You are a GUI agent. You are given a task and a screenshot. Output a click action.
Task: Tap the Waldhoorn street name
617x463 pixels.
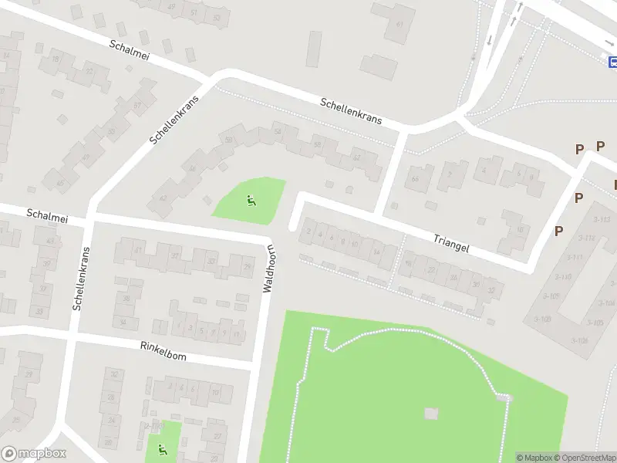(x=270, y=269)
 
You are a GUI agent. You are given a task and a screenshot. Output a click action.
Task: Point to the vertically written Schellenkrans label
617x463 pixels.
(x=81, y=278)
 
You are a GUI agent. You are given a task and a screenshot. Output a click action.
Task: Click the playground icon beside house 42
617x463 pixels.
(x=251, y=201)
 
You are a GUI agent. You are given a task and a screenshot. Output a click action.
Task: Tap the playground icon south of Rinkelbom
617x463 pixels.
(x=162, y=449)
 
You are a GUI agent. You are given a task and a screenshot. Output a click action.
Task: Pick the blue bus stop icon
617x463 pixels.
(x=612, y=61)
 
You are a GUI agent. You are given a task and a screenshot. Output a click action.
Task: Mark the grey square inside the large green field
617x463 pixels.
(x=431, y=413)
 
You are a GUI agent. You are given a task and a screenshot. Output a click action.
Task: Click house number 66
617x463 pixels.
(x=416, y=179)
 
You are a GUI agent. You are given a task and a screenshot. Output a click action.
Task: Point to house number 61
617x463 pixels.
(x=399, y=24)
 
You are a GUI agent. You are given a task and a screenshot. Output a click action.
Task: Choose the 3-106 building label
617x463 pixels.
(x=579, y=340)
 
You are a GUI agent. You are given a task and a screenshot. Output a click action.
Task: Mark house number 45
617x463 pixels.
(x=59, y=183)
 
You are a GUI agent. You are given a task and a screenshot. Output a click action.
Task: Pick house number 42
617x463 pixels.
(x=162, y=198)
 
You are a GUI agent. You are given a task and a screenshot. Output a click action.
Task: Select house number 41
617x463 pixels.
(x=138, y=250)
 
